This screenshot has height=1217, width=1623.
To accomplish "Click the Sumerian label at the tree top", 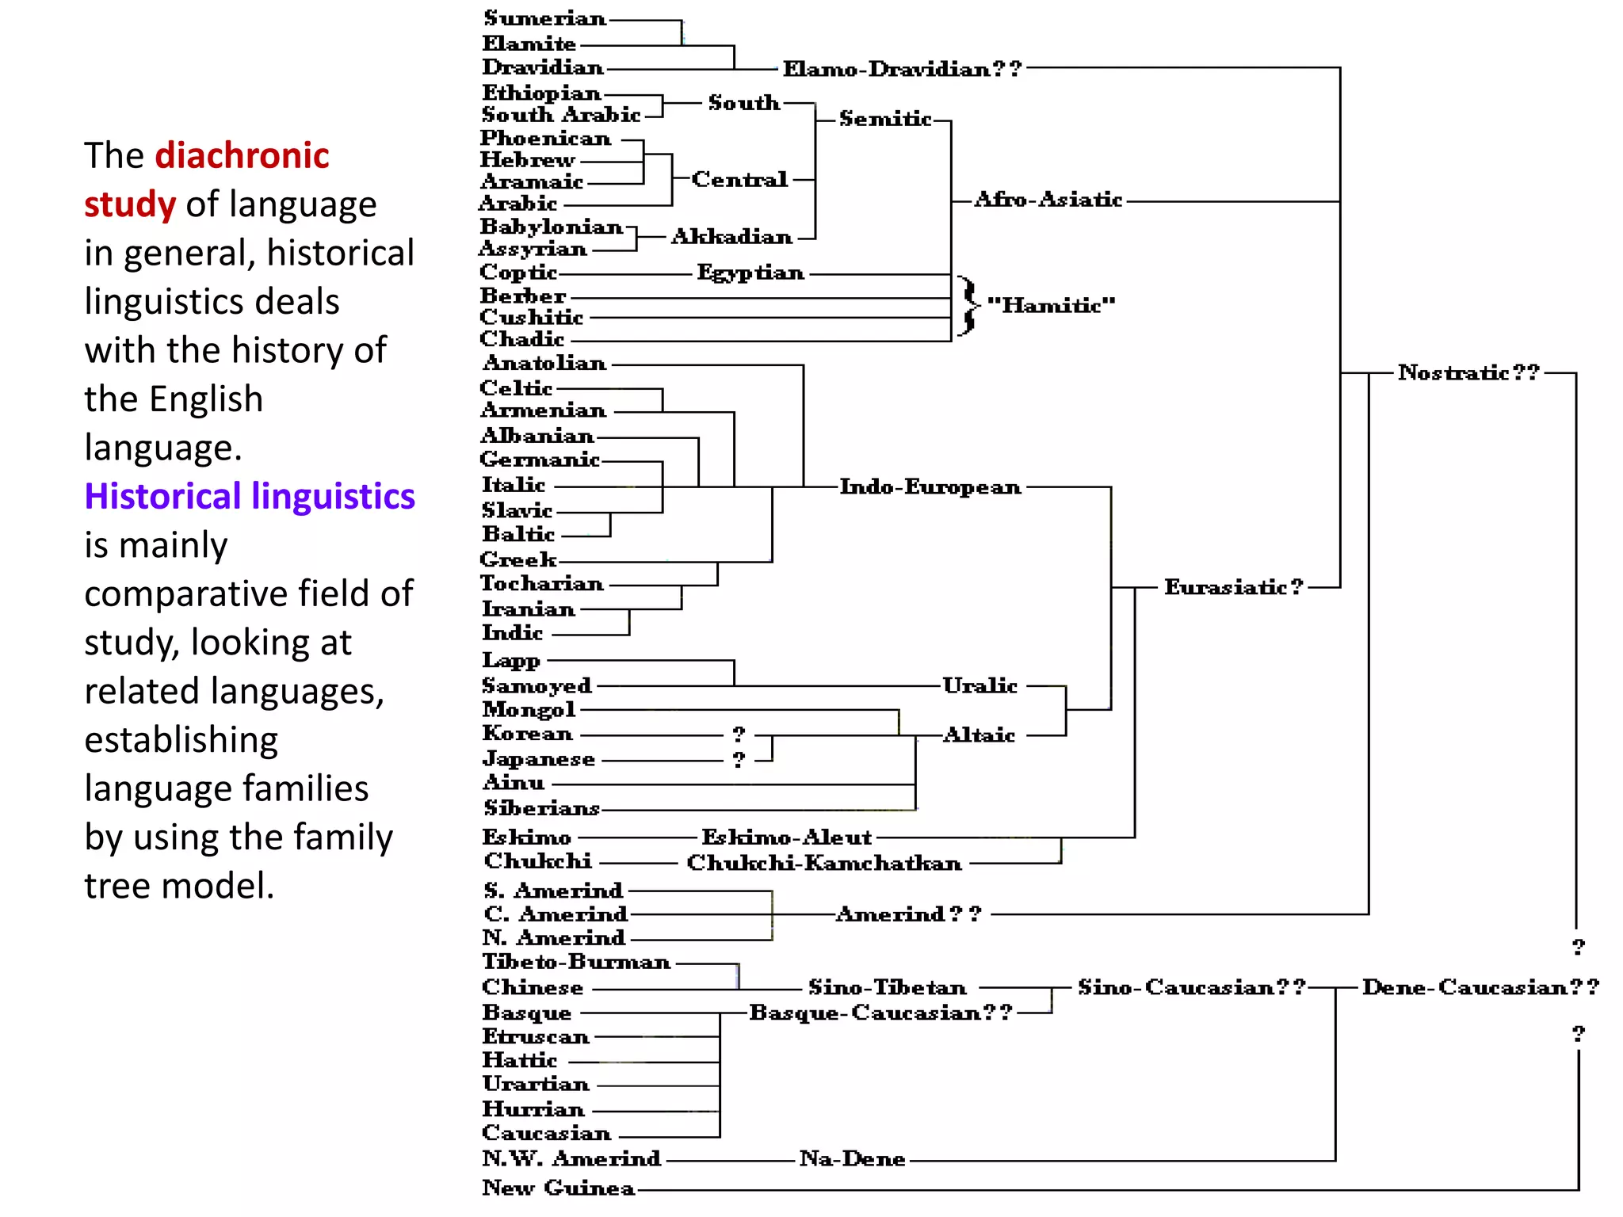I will (x=545, y=18).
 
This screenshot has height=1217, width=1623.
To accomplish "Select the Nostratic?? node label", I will (x=1468, y=372).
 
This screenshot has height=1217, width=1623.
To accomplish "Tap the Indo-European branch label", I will (x=930, y=486).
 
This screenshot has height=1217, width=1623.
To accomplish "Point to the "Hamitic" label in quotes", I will (x=1051, y=305).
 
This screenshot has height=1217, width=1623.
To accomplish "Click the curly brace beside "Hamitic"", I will (x=967, y=306).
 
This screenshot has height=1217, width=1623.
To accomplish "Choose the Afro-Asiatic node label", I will (x=1048, y=199).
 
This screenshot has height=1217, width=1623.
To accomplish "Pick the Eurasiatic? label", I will (x=1233, y=587).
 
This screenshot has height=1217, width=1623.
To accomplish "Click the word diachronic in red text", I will (x=242, y=155).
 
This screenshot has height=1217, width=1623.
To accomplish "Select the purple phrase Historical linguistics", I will (x=250, y=496).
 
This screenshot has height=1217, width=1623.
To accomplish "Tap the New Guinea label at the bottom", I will (x=559, y=1188).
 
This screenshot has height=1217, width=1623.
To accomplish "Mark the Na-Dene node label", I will (x=852, y=1159).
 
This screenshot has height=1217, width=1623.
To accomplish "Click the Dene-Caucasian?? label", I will (x=1480, y=987).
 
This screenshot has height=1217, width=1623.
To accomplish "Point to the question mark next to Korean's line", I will (x=739, y=734).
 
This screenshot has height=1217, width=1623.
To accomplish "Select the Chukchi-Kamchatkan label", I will (x=824, y=863).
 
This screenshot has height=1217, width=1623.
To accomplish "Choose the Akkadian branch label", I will (x=731, y=236).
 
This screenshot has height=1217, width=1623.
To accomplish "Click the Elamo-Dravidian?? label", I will (x=902, y=69).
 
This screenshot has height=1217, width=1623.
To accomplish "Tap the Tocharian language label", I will (x=542, y=584).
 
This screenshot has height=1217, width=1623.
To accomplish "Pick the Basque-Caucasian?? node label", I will (x=880, y=1013).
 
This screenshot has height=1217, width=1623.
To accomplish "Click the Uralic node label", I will (x=980, y=685).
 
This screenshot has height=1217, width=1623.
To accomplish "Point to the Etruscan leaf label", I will (x=536, y=1036).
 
